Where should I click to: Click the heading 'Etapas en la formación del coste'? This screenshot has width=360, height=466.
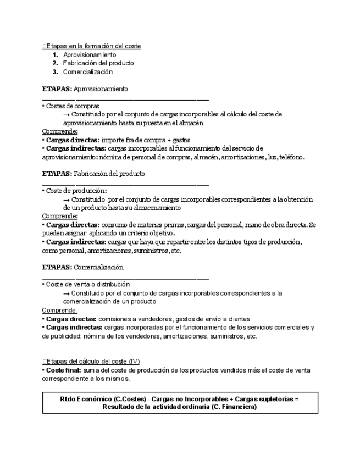coord(93,46)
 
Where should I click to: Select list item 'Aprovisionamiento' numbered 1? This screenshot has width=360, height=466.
coord(90,55)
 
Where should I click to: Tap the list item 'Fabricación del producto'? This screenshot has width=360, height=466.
coord(98,63)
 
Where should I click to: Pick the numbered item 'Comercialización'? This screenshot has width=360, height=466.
coord(87,72)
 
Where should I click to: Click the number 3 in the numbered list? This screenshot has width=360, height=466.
coord(56,72)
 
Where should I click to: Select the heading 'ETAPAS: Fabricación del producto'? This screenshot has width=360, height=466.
coord(93,174)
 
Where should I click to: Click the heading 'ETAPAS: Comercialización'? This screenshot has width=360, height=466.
coord(82,267)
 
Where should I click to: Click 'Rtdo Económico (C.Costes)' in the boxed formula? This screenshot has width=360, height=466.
coord(102,398)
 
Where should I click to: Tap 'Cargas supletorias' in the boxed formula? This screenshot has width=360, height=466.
coord(263,398)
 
